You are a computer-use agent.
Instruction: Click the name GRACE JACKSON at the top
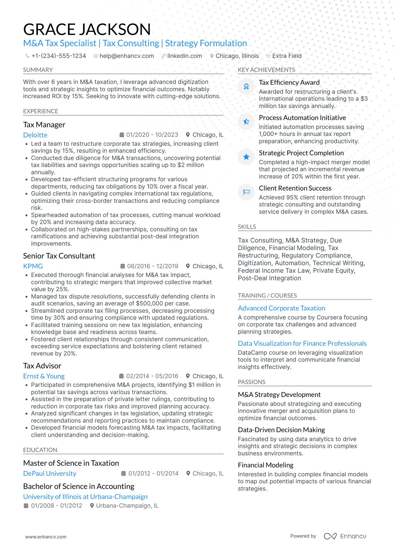coord(87,29)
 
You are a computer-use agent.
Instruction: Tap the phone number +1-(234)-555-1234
coord(59,56)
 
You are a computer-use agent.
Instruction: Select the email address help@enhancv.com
coord(127,56)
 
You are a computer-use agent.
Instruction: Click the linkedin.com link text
coord(185,56)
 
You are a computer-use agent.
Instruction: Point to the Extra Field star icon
coord(268,56)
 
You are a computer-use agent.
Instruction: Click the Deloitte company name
coord(35,135)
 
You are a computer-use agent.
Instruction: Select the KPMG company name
coord(33,266)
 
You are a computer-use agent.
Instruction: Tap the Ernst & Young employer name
coord(44,376)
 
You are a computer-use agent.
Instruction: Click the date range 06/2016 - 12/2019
coord(153,266)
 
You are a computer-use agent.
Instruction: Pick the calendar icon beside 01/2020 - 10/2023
coord(122,135)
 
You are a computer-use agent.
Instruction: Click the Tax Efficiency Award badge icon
coord(246,86)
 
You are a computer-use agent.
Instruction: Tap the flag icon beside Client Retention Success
coord(246,192)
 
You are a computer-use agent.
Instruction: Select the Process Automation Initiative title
coord(302,118)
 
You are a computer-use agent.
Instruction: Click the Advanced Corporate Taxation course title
coord(282,308)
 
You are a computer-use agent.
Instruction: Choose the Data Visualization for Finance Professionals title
coord(302,343)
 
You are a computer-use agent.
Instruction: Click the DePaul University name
coord(50,474)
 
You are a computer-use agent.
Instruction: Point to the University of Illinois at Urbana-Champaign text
coord(85,497)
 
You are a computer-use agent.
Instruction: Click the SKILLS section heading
coord(247,227)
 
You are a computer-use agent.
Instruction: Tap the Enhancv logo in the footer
coord(345,536)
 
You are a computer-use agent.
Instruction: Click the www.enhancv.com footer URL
coord(46,537)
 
